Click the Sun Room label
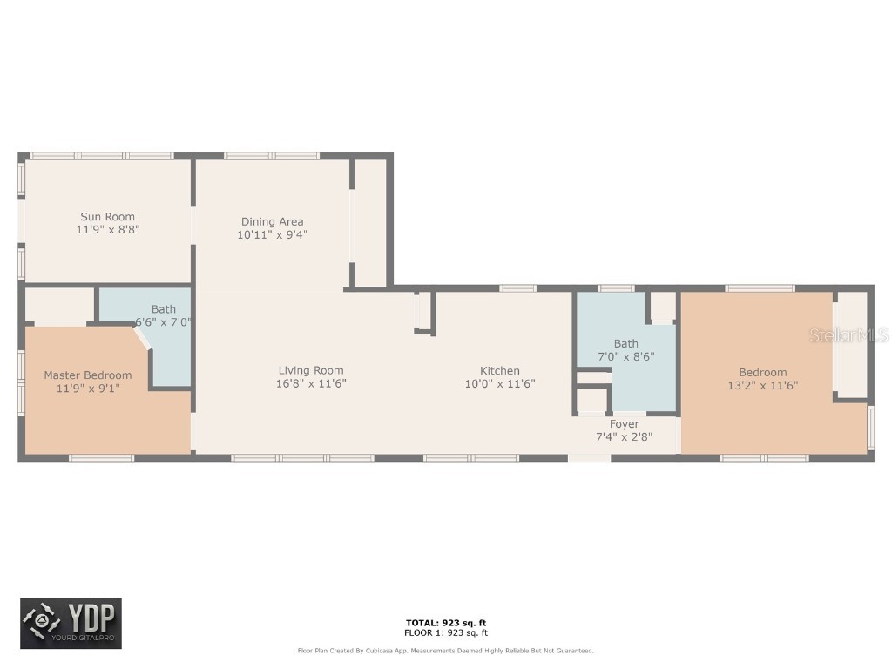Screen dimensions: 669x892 [107, 217]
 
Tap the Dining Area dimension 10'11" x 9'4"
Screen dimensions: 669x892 [272, 234]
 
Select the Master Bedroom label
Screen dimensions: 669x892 [88, 375]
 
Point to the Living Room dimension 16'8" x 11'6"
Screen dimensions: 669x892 [311, 383]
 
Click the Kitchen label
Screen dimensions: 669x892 [500, 370]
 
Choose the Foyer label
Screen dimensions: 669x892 [624, 424]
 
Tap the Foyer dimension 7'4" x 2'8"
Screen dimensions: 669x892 [624, 437]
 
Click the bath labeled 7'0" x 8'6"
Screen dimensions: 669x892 [625, 343]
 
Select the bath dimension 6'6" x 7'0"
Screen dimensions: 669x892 [163, 321]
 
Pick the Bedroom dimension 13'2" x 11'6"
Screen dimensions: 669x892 [762, 385]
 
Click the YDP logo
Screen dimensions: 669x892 [71, 624]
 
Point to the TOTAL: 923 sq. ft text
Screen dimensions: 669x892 [446, 623]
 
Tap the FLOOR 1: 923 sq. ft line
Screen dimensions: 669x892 [446, 633]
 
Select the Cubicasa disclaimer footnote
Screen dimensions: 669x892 [446, 651]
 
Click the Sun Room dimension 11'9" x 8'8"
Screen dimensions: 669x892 [107, 230]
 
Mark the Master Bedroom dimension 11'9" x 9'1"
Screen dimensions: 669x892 [88, 389]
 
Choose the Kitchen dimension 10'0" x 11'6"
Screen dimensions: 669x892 [500, 383]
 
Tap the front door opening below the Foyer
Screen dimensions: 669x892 [589, 457]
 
